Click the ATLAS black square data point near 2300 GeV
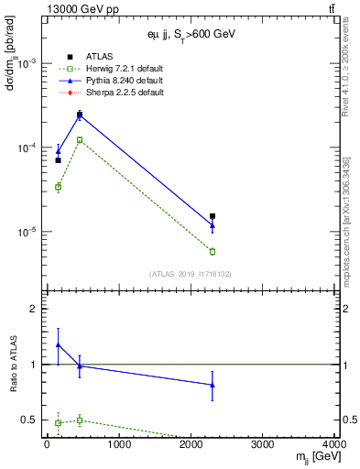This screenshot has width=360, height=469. point(213,216)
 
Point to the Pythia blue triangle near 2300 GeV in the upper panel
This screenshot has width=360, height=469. point(213,225)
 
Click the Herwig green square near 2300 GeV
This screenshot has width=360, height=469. point(213,251)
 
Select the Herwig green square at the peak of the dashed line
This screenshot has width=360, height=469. point(80,140)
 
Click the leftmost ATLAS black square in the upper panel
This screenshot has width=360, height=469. point(58,160)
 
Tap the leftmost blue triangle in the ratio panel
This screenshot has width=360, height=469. point(58,345)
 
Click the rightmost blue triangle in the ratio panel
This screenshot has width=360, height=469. point(213,385)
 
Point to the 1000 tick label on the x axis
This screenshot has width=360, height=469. point(118,445)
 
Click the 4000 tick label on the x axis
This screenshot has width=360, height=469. point(335,445)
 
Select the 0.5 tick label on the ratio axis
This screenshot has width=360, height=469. point(30,420)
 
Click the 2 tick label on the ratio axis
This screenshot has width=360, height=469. point(35,309)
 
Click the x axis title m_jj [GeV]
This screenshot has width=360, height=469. point(316,457)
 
